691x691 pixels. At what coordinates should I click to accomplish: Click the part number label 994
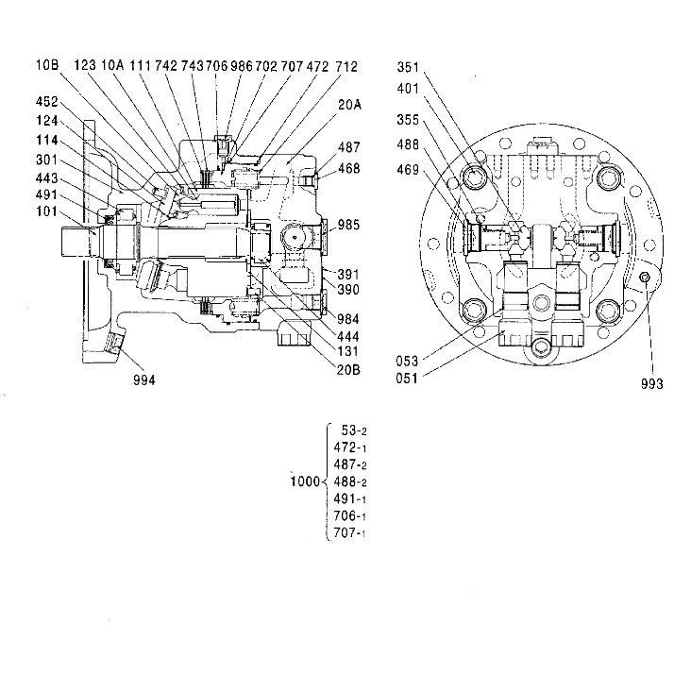[144, 379]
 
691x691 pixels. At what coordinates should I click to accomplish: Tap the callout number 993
[651, 384]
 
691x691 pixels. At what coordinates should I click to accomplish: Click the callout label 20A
[349, 106]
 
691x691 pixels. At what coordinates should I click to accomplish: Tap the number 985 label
[349, 225]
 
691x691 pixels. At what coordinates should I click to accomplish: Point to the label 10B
[48, 65]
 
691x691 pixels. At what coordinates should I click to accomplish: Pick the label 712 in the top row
[345, 66]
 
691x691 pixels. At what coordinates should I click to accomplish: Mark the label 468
[349, 168]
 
